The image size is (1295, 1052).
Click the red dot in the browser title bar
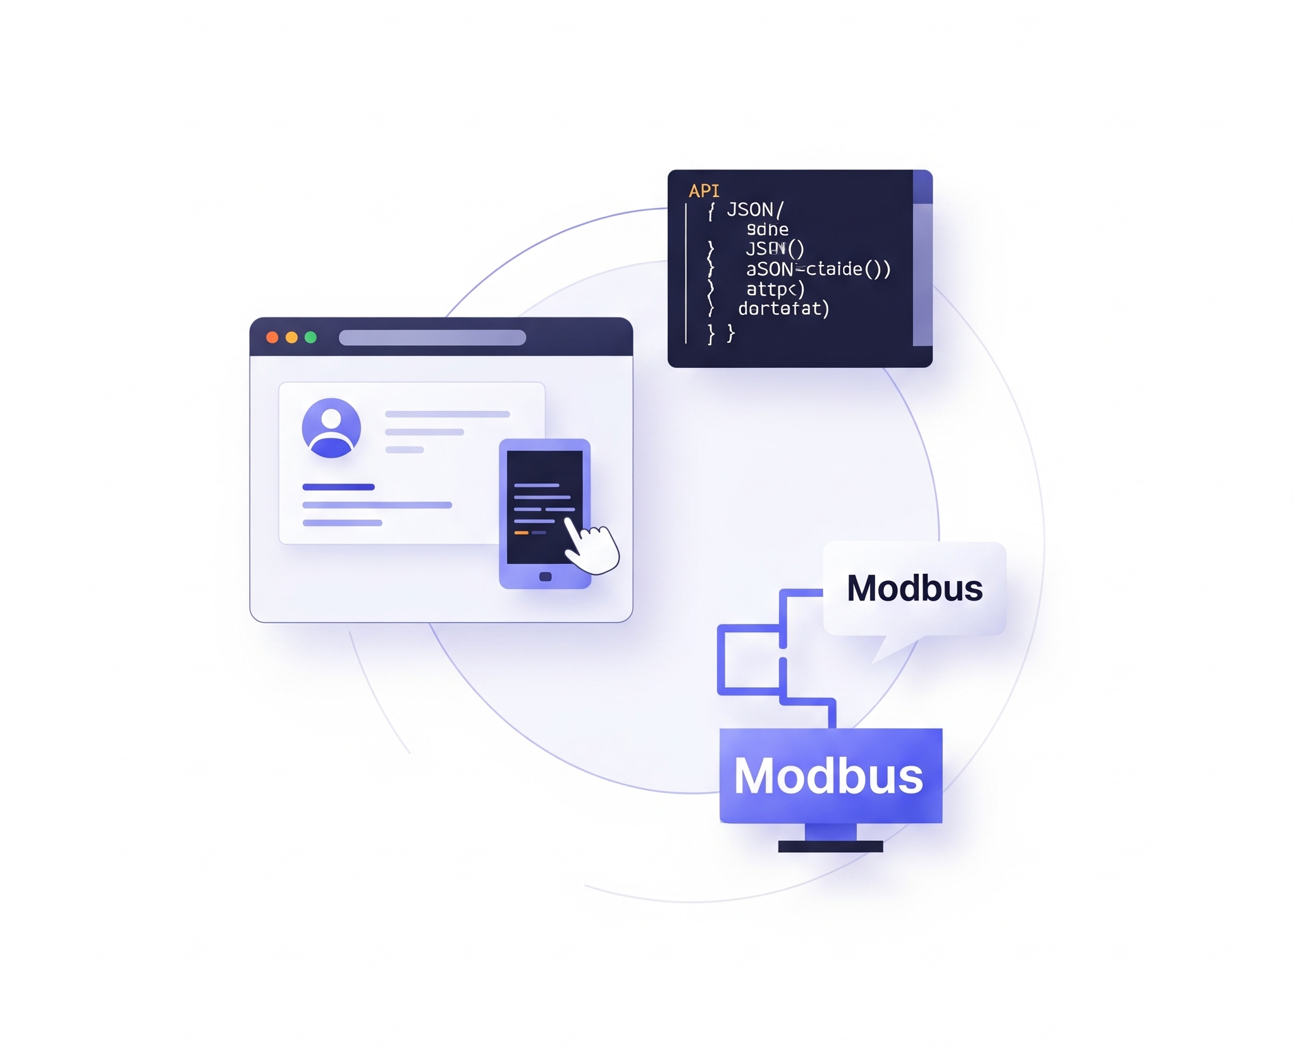click(273, 338)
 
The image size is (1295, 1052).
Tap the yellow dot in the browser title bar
click(292, 338)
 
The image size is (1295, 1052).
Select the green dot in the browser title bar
click(310, 338)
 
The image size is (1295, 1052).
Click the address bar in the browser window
click(433, 338)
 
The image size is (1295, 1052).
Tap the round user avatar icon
click(331, 428)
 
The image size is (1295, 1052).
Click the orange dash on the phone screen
click(521, 533)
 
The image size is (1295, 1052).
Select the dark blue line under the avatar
click(338, 487)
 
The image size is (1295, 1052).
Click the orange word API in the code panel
click(704, 191)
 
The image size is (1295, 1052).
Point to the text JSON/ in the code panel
click(755, 210)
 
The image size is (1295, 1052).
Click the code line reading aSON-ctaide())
click(818, 269)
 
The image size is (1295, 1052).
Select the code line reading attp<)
click(775, 290)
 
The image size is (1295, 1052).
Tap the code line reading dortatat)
click(783, 309)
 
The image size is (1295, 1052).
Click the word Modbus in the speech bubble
click(914, 588)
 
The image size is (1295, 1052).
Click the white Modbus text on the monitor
click(828, 776)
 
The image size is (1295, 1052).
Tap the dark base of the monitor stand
click(830, 847)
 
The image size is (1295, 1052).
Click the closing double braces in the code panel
click(721, 333)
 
